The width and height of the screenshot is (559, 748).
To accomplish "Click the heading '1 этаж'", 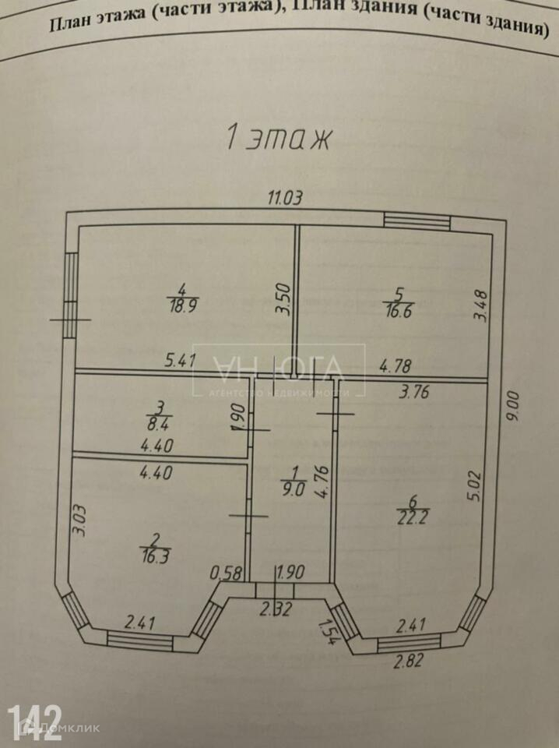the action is (x=279, y=138).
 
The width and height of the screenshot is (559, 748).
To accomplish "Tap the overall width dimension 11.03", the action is (x=284, y=199).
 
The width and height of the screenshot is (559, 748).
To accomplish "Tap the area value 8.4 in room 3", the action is (x=161, y=425).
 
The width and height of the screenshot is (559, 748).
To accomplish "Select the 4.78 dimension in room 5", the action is (x=396, y=365).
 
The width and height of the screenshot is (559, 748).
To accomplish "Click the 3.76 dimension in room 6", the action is (x=414, y=393).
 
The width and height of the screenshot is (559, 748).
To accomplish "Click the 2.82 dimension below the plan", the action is (x=410, y=663).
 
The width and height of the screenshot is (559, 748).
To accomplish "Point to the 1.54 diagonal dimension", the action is (x=329, y=630).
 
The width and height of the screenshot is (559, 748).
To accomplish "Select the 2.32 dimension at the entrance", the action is (x=276, y=610).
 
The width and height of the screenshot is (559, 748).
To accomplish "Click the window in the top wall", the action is (x=417, y=221).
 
